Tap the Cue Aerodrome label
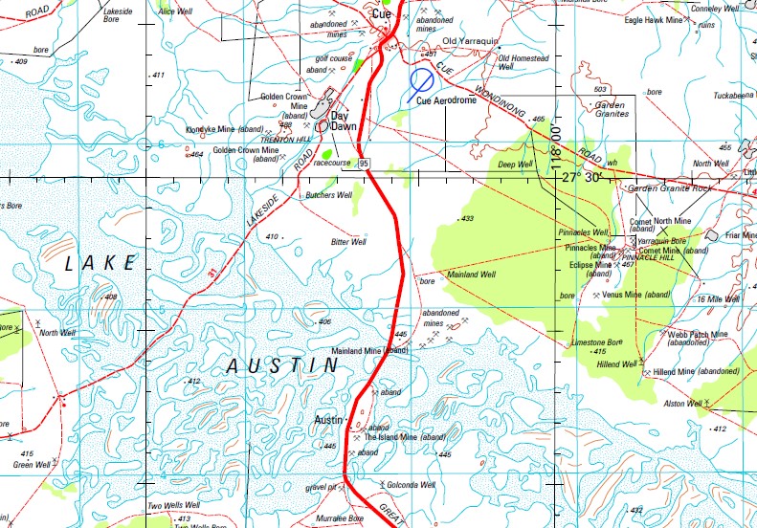coord(447,100)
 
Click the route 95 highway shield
coord(365,165)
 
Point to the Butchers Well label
coord(328,195)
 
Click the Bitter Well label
coord(348,243)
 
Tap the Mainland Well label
coord(473,275)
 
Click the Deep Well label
coord(515,165)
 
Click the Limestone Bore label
coord(596,341)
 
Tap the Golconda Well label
coord(413,486)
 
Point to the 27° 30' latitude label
coord(584,177)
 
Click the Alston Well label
coord(683,404)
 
